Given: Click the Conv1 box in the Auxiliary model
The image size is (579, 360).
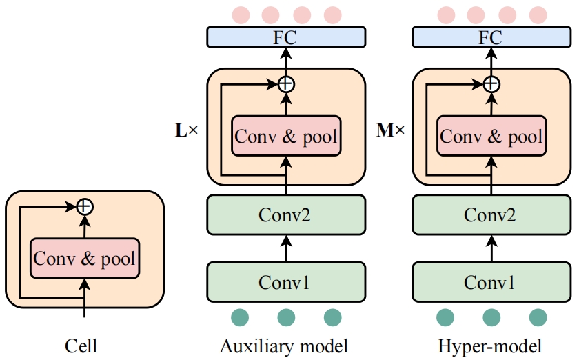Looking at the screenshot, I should (x=285, y=282).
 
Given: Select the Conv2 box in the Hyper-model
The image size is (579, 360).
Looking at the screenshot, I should (x=490, y=214).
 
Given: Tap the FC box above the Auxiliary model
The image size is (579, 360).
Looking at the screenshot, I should (x=285, y=37).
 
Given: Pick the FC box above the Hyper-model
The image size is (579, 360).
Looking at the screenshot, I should (x=490, y=37).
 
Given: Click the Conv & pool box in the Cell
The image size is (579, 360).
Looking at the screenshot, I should (x=85, y=259).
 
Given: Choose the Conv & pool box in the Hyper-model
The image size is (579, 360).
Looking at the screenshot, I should (x=491, y=136).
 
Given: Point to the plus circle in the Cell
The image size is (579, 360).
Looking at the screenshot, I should (x=84, y=206).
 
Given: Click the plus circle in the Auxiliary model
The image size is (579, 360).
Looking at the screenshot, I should (x=285, y=84).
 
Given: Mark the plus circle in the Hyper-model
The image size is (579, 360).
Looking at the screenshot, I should (x=491, y=84).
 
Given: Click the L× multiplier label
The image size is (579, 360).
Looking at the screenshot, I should (x=186, y=129).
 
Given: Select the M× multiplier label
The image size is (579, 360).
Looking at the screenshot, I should (x=391, y=129).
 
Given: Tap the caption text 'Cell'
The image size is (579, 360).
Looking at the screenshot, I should (x=81, y=346).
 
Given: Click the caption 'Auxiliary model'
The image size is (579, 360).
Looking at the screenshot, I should (x=284, y=346).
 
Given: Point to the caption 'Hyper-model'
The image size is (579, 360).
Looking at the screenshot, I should (x=490, y=346).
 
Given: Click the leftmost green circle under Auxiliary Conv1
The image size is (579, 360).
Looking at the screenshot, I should (x=240, y=317).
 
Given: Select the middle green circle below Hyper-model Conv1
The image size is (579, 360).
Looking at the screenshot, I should (x=491, y=317).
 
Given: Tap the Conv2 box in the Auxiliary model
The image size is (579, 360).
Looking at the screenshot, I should (x=285, y=214).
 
